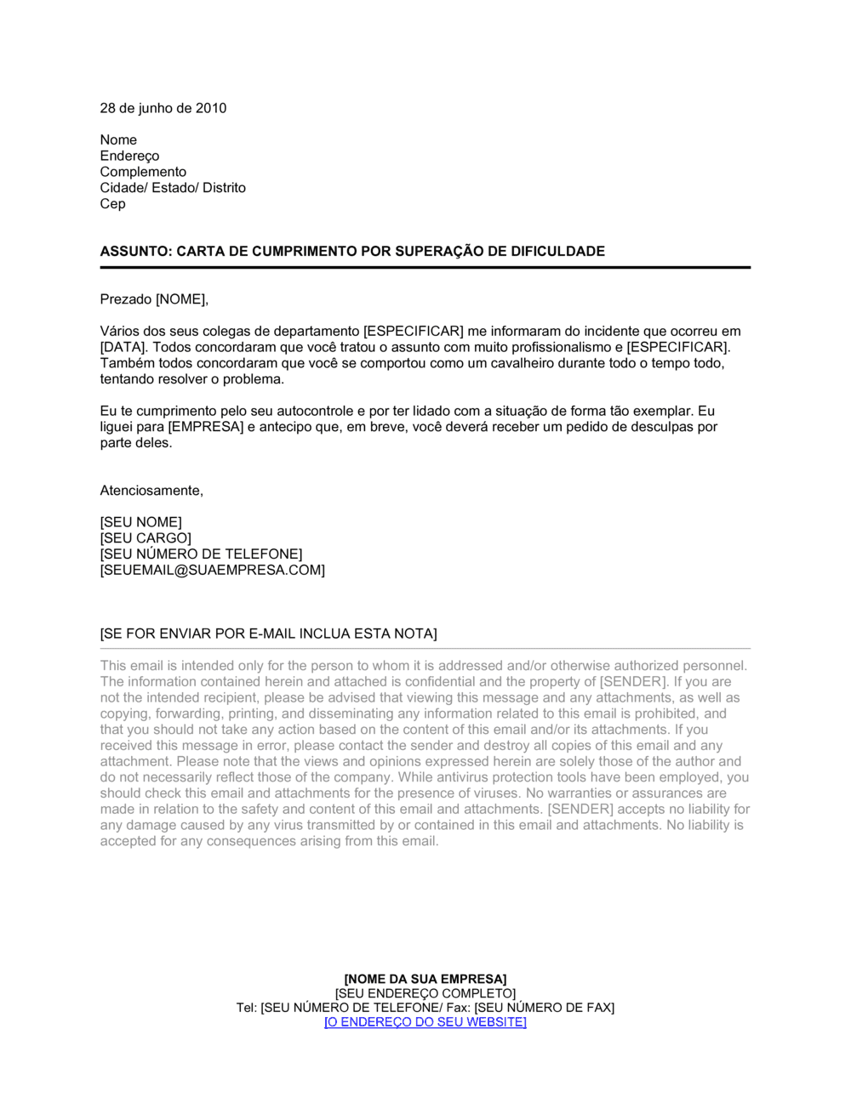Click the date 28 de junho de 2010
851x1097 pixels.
click(x=163, y=108)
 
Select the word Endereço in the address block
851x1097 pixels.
click(x=129, y=156)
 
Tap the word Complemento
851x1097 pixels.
click(x=143, y=172)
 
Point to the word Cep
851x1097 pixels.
click(x=112, y=203)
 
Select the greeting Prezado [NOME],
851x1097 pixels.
click(x=154, y=299)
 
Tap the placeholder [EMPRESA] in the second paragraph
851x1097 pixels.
click(x=206, y=427)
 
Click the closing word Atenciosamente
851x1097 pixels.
click(x=151, y=491)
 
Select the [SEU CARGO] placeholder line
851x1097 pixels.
click(x=146, y=538)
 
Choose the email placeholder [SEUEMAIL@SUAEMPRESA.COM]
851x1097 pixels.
click(x=213, y=570)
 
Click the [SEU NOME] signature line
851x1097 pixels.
click(x=141, y=522)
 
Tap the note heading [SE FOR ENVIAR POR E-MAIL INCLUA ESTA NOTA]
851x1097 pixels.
click(x=268, y=634)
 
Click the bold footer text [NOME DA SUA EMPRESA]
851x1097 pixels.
click(x=425, y=980)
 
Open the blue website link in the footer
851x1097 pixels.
click(x=425, y=1022)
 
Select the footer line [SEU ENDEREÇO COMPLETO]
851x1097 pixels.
click(x=425, y=993)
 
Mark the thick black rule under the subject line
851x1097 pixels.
click(x=425, y=268)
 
